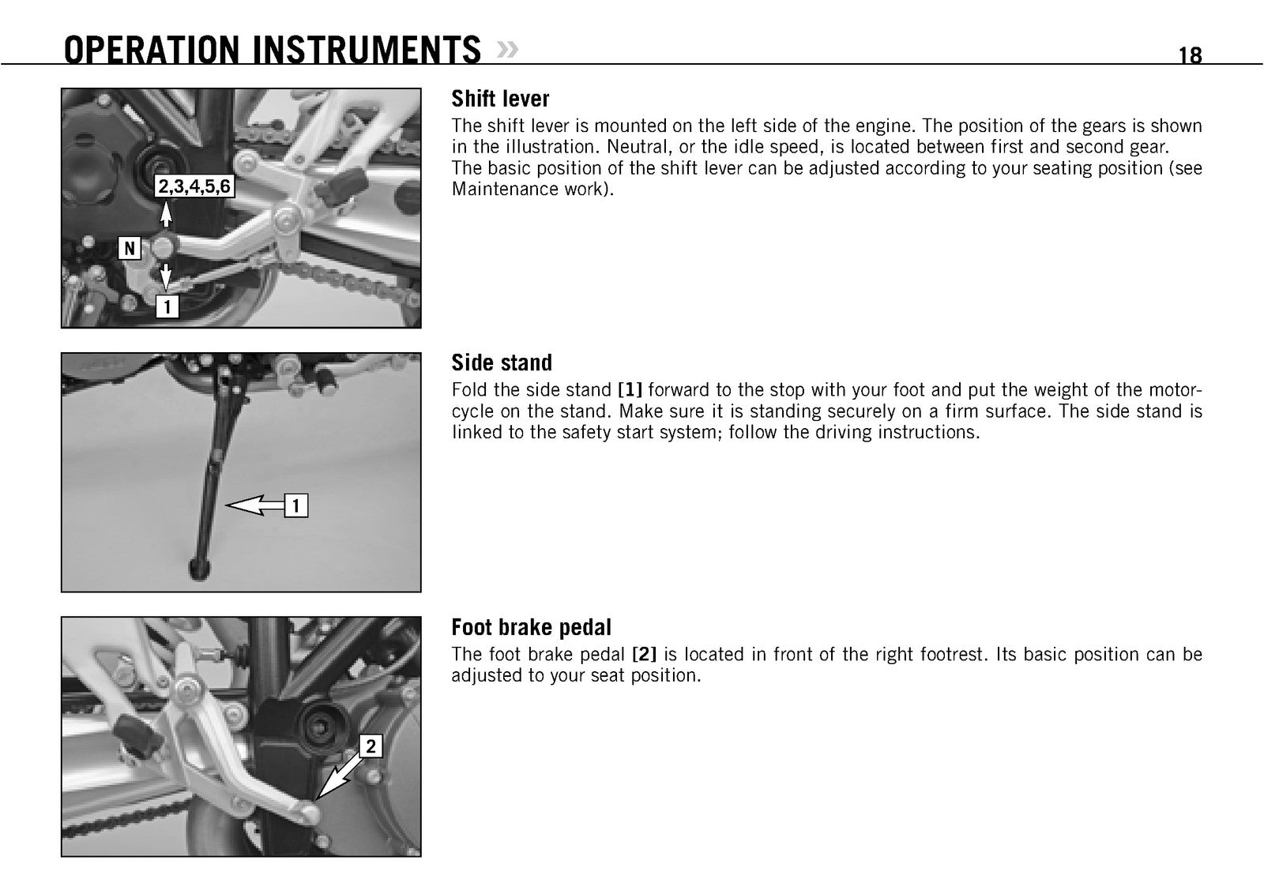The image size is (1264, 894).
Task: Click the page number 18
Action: point(1190,55)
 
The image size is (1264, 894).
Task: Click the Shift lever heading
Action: point(500,99)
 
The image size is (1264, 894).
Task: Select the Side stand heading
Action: point(502,362)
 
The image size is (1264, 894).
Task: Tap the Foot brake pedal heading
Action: point(531,627)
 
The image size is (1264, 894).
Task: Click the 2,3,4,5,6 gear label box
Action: point(194,186)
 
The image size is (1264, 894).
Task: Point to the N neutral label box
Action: point(130,248)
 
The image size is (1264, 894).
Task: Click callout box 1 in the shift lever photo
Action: point(167,307)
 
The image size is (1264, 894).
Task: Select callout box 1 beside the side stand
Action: point(296,505)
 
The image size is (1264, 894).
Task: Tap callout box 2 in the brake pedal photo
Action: point(371,746)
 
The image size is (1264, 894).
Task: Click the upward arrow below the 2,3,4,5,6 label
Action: point(165,214)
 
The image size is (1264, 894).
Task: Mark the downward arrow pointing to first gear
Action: point(165,277)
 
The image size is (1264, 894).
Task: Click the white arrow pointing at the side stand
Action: point(255,505)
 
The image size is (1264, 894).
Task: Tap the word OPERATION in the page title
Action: point(152,50)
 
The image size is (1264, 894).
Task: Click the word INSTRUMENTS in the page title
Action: point(367,50)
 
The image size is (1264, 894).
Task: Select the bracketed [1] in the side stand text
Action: point(630,390)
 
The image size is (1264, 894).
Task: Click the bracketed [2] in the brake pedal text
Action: point(645,654)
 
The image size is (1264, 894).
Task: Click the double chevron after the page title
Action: point(506,50)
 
